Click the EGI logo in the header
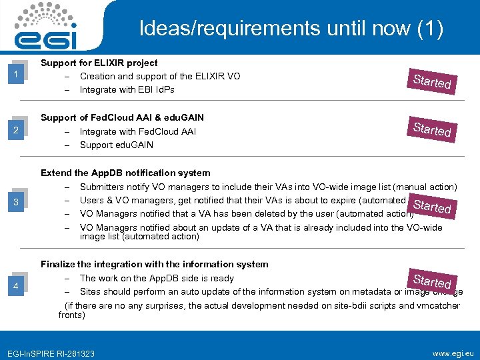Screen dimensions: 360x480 point(47,27)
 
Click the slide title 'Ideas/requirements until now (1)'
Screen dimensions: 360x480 point(291,29)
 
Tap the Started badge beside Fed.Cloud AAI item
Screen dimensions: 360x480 point(432,128)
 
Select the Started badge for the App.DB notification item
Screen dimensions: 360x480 point(433,205)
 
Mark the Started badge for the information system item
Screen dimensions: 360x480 point(433,280)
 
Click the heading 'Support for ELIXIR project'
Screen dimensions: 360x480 point(99,63)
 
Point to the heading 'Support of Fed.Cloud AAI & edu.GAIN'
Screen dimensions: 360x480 point(122,117)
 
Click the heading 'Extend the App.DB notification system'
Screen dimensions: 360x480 point(125,173)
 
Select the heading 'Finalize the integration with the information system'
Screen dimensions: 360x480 point(154,264)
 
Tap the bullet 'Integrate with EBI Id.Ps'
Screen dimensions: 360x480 point(127,89)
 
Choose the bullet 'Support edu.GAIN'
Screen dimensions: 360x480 point(116,145)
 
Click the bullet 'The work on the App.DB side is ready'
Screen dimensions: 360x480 point(157,278)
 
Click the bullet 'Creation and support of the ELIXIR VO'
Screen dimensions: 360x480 point(160,76)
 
